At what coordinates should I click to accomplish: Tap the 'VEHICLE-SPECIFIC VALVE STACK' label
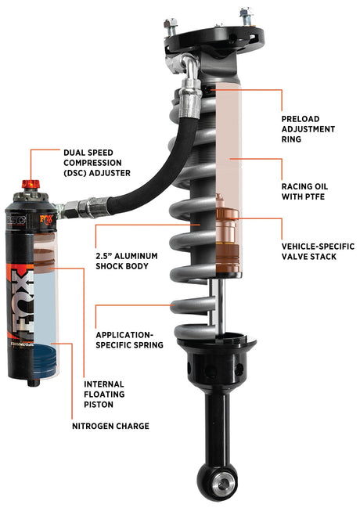318,251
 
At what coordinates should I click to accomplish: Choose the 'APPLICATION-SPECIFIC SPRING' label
128,338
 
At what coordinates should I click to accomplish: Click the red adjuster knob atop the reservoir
31,186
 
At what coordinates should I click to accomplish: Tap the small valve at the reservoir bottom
32,382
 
